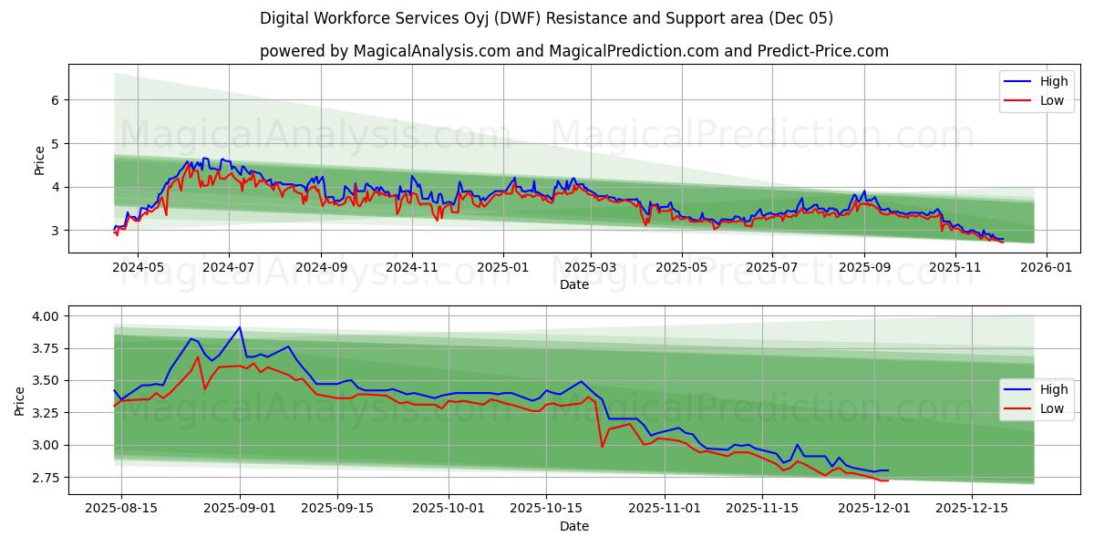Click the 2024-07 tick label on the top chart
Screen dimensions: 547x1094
pos(228,267)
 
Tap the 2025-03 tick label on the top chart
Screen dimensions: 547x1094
pos(591,267)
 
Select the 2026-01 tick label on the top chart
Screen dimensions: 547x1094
pos(1045,267)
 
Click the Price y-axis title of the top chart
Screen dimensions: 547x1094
pos(39,160)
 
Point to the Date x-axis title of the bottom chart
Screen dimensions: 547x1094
pos(574,526)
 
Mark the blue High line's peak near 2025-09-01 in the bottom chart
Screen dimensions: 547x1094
pos(240,327)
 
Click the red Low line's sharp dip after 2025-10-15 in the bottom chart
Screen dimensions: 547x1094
pos(602,446)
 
